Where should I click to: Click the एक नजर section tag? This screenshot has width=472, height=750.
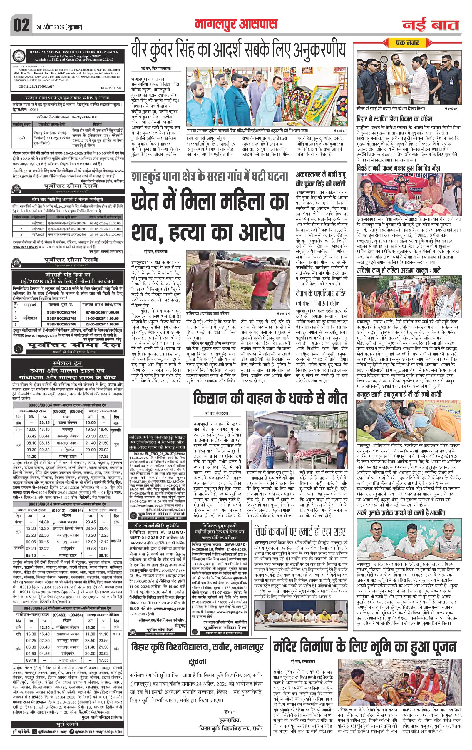coord(407,42)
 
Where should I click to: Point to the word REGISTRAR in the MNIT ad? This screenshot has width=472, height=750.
coord(111,88)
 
